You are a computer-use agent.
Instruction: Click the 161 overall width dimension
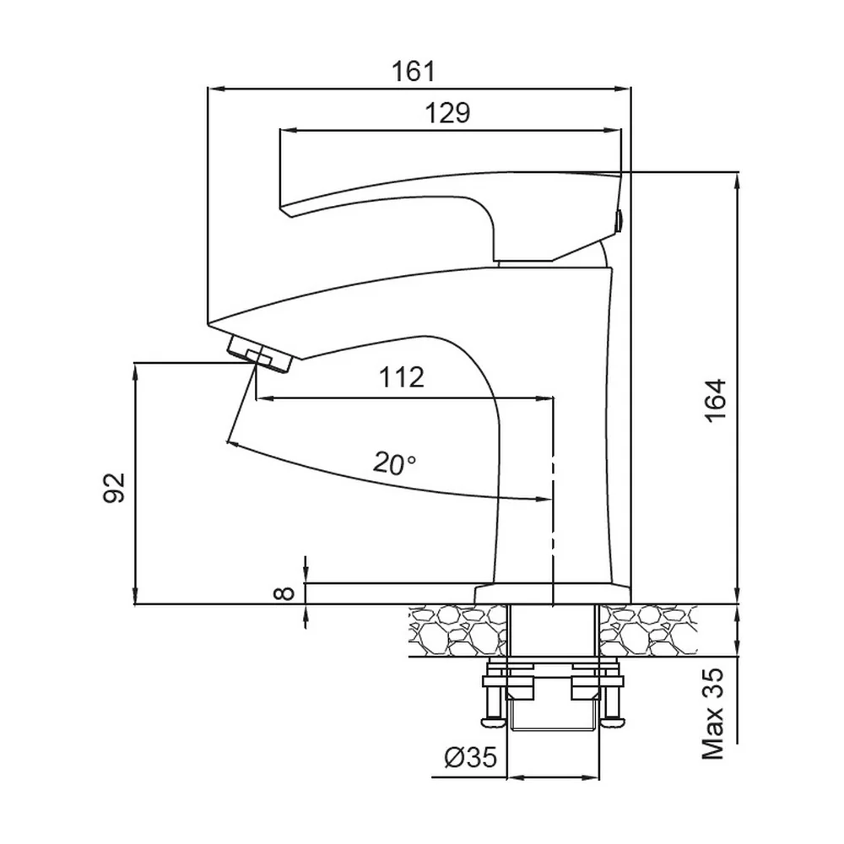413,71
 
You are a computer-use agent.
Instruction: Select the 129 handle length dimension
447,113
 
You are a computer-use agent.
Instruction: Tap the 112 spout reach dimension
402,377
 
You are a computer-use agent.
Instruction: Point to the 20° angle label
394,463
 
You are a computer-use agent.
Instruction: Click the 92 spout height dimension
114,488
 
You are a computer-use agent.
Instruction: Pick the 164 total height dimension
716,400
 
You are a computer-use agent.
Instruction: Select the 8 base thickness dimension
284,593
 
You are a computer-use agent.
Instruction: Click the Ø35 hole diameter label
470,758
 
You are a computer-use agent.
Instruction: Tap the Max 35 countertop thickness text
714,714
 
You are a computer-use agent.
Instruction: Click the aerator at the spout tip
259,354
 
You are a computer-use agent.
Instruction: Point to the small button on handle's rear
619,219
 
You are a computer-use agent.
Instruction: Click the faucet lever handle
450,215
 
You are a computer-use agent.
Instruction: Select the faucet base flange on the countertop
552,593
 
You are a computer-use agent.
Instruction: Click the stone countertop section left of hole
458,630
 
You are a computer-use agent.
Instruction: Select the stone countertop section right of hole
648,630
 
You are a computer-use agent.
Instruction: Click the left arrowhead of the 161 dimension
214,89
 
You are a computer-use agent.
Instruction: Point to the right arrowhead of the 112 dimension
546,399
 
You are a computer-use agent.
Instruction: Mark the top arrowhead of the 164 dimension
737,179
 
